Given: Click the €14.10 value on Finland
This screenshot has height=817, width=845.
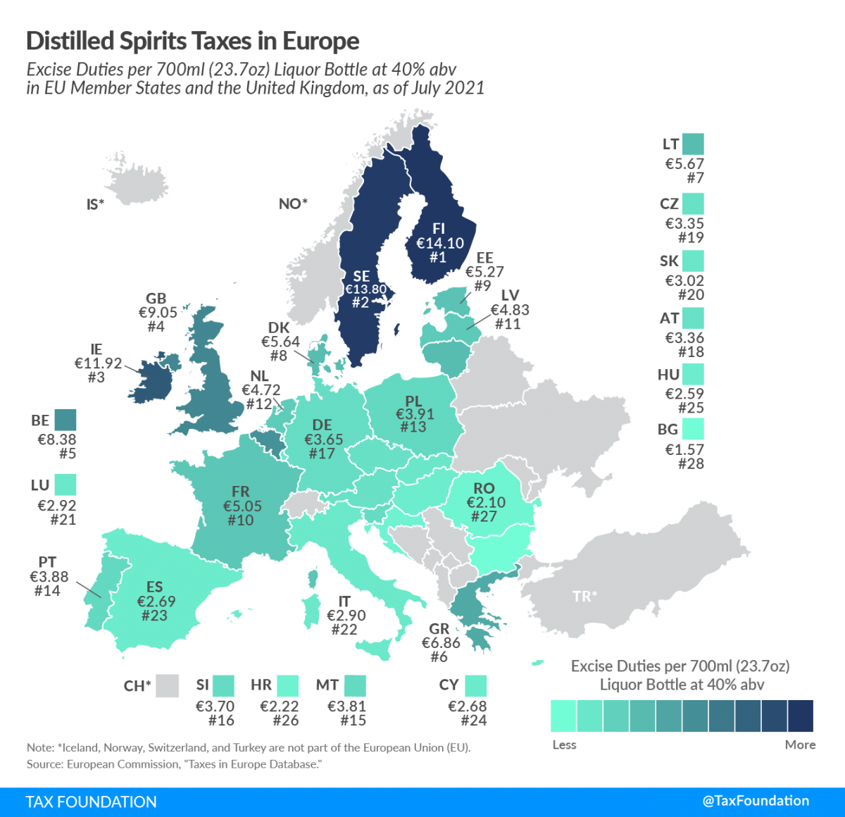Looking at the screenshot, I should (440, 243).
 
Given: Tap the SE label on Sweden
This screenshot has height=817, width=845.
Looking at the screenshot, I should (361, 276).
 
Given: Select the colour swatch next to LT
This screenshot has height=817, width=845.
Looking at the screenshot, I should (693, 144).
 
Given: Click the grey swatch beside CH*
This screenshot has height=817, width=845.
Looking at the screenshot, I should (168, 685).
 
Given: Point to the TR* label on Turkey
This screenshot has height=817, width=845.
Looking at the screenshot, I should (584, 597).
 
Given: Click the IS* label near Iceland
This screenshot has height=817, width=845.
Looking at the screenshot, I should (95, 204).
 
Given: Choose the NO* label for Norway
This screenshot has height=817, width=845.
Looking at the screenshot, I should (293, 204).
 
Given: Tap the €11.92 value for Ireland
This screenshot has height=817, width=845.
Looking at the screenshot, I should (99, 363).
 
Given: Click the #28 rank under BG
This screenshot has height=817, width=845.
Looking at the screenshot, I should (691, 463).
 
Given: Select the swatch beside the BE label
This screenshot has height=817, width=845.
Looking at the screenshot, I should (65, 420).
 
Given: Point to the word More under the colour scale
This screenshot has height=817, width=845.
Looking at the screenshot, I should (800, 744).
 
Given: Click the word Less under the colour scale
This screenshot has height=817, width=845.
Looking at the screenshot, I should (564, 744).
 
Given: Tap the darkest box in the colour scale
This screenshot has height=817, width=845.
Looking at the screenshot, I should (800, 716).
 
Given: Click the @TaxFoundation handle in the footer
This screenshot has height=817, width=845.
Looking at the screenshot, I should (756, 801).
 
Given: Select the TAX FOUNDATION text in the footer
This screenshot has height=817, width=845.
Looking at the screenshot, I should (92, 802).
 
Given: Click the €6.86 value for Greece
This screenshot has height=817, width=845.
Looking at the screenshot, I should (441, 642).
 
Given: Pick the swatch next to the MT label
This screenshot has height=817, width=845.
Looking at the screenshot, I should (355, 685).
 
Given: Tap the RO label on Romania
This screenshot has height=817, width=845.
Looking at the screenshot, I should (484, 488).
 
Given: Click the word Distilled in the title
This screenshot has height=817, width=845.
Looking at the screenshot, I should (70, 41).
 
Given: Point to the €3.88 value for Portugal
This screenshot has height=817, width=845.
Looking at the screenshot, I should (49, 576).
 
